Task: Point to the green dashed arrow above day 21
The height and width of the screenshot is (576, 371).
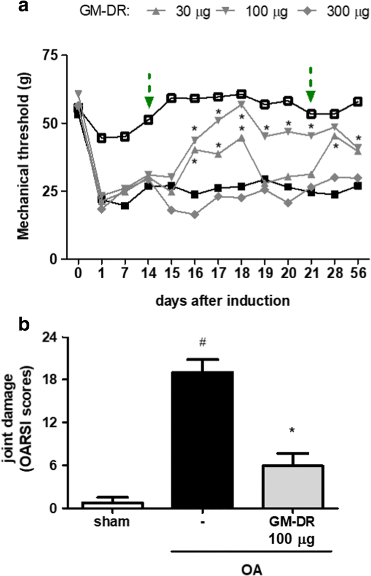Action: pyautogui.click(x=310, y=86)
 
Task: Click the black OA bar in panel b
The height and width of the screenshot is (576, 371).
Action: pyautogui.click(x=203, y=440)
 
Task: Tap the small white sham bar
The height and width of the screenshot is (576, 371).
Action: pyautogui.click(x=113, y=505)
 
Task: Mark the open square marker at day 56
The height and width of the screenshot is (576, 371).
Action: pyautogui.click(x=356, y=102)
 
